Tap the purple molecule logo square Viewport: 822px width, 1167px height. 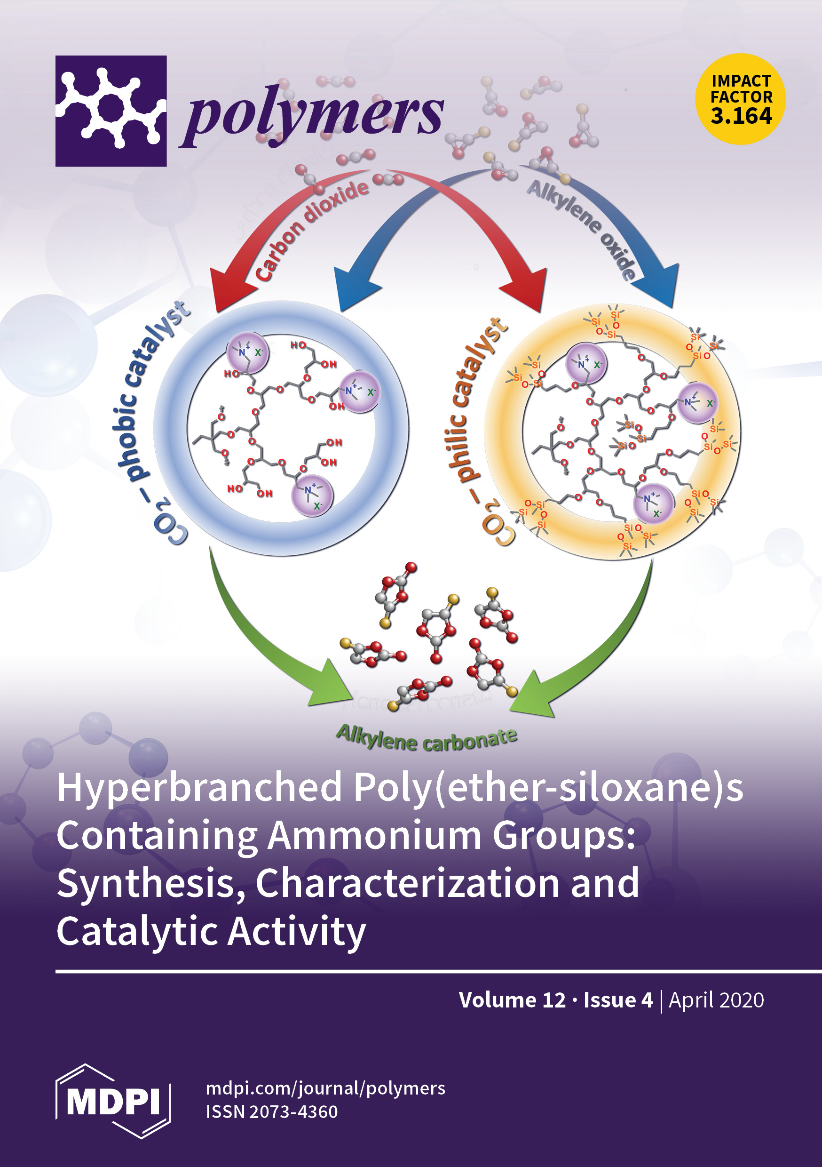click(x=111, y=111)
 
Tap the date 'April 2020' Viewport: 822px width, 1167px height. click(x=716, y=1000)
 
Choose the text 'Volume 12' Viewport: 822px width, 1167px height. click(x=512, y=1000)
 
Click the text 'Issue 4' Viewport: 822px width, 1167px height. click(x=618, y=1000)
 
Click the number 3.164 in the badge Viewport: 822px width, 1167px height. click(x=741, y=116)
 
